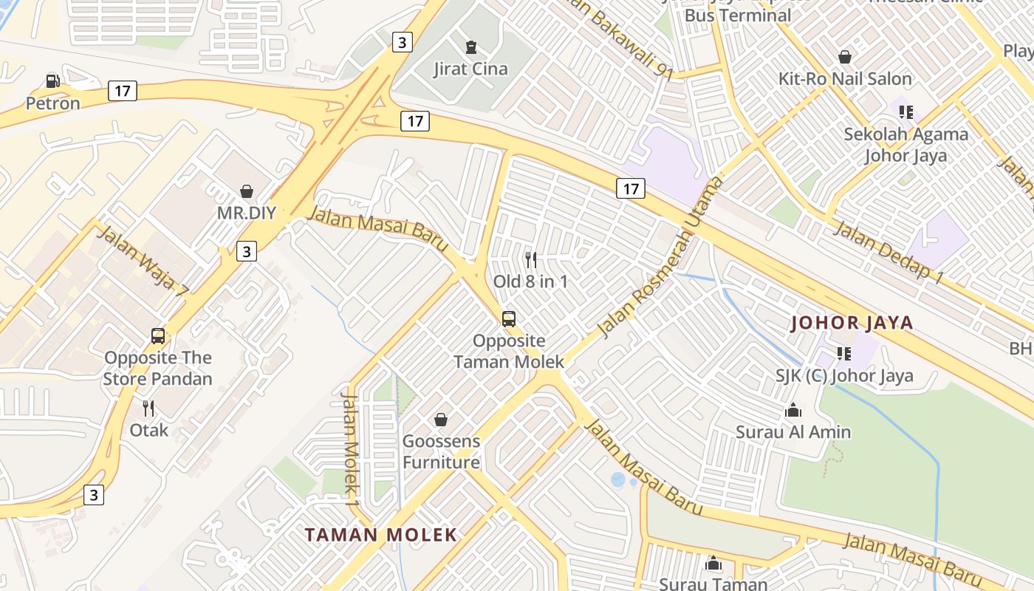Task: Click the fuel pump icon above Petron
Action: pos(52,81)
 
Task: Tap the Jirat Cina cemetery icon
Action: pos(470,48)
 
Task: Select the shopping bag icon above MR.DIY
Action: pos(247,192)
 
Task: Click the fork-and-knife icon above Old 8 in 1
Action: pos(530,260)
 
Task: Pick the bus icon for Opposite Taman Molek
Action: pos(509,319)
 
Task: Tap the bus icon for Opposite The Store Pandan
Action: pos(158,336)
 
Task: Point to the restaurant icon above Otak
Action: pos(148,409)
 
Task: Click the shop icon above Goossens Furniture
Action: pos(441,420)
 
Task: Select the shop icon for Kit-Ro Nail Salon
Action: pos(845,57)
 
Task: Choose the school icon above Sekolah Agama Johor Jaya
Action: pos(906,112)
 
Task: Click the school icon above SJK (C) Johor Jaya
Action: pos(844,354)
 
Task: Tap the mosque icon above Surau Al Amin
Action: pos(793,410)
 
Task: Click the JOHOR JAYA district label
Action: pos(852,323)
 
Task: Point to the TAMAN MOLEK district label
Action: pos(381,535)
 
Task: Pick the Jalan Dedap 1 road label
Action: pos(889,251)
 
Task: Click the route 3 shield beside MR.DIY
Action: pos(247,251)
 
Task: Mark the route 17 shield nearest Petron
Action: pos(122,91)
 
